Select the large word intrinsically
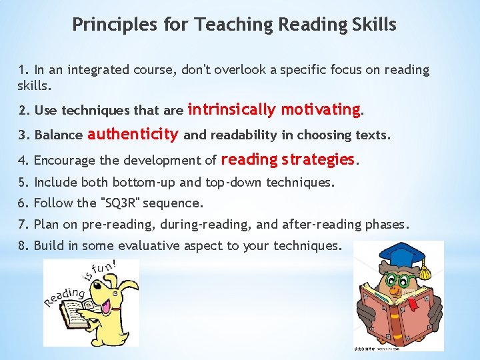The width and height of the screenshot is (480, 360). coord(233,109)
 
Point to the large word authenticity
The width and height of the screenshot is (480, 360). coord(133,134)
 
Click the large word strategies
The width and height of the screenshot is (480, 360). coord(319,159)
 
